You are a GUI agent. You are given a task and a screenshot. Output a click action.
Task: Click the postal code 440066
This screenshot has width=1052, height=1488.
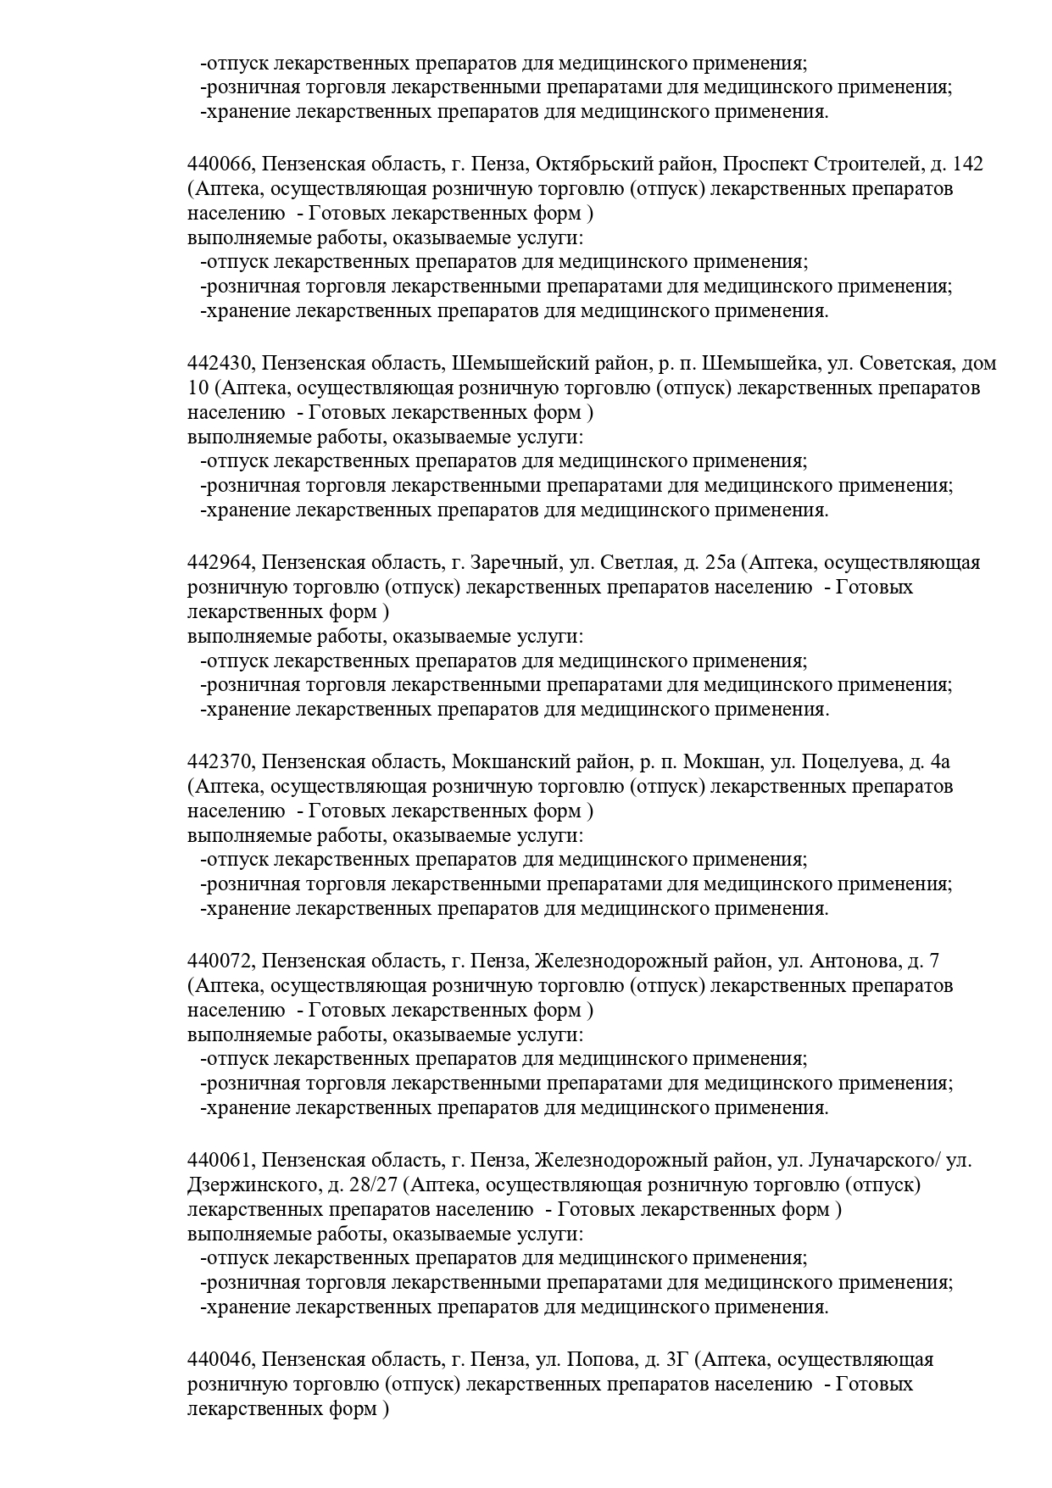pyautogui.click(x=220, y=164)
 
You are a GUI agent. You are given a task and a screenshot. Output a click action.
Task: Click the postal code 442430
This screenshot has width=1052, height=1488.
pyautogui.click(x=220, y=364)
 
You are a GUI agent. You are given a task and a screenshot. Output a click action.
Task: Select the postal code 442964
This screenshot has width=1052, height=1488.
pyautogui.click(x=220, y=563)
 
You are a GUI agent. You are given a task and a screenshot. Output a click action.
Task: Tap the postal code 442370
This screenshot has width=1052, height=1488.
pyautogui.click(x=220, y=761)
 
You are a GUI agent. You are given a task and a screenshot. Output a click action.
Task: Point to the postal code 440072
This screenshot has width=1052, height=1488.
pyautogui.click(x=220, y=961)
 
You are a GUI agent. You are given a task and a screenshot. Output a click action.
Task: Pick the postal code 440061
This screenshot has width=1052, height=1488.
pyautogui.click(x=220, y=1161)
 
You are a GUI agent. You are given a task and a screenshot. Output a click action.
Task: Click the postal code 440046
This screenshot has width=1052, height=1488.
pyautogui.click(x=220, y=1360)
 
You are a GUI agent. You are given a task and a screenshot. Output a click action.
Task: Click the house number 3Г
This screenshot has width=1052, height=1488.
pyautogui.click(x=676, y=1360)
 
